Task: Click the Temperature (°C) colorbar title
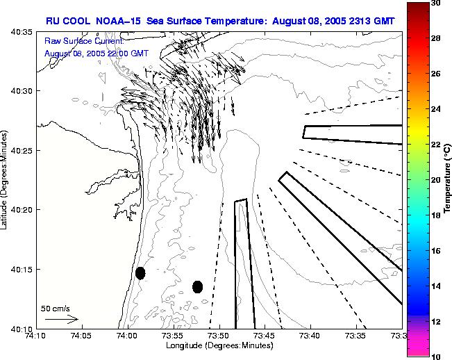[x=448, y=180]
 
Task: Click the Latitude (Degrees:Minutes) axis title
[x=6, y=180]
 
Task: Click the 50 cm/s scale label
[x=56, y=308]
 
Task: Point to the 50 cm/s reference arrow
[x=60, y=319]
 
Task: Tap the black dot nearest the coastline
[x=140, y=273]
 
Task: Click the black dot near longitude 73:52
[x=197, y=286]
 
